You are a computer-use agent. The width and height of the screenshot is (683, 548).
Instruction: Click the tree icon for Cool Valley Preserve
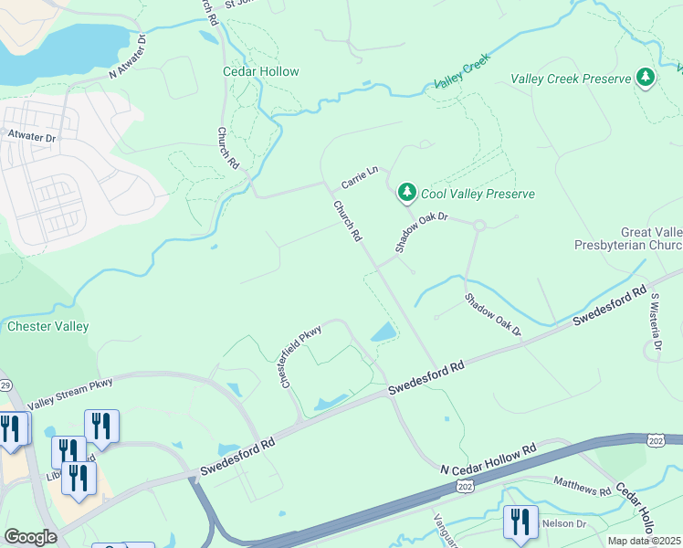coord(406,193)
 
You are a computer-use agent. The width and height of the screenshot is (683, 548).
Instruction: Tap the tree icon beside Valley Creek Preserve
coord(646,78)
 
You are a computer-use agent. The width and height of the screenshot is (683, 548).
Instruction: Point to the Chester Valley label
coord(47,326)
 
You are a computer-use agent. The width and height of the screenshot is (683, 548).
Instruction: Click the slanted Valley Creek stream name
coord(462,70)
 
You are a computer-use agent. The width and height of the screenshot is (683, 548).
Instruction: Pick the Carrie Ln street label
coord(359,172)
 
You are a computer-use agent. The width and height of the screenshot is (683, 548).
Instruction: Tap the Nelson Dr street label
coord(565,522)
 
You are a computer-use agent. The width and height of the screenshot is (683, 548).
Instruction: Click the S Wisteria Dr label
coord(654,325)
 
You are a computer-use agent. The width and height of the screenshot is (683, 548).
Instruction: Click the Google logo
coord(30,536)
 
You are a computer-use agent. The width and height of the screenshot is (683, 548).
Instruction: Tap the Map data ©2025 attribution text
coord(644,541)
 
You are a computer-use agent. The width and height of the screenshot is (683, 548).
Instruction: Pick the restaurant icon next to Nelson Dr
coord(520,522)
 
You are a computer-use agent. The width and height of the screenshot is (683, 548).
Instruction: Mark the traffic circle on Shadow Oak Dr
coord(478,225)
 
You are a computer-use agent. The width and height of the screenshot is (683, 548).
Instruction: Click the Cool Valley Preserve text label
coord(478,194)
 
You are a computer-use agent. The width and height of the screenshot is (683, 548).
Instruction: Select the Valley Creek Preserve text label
coord(571,79)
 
